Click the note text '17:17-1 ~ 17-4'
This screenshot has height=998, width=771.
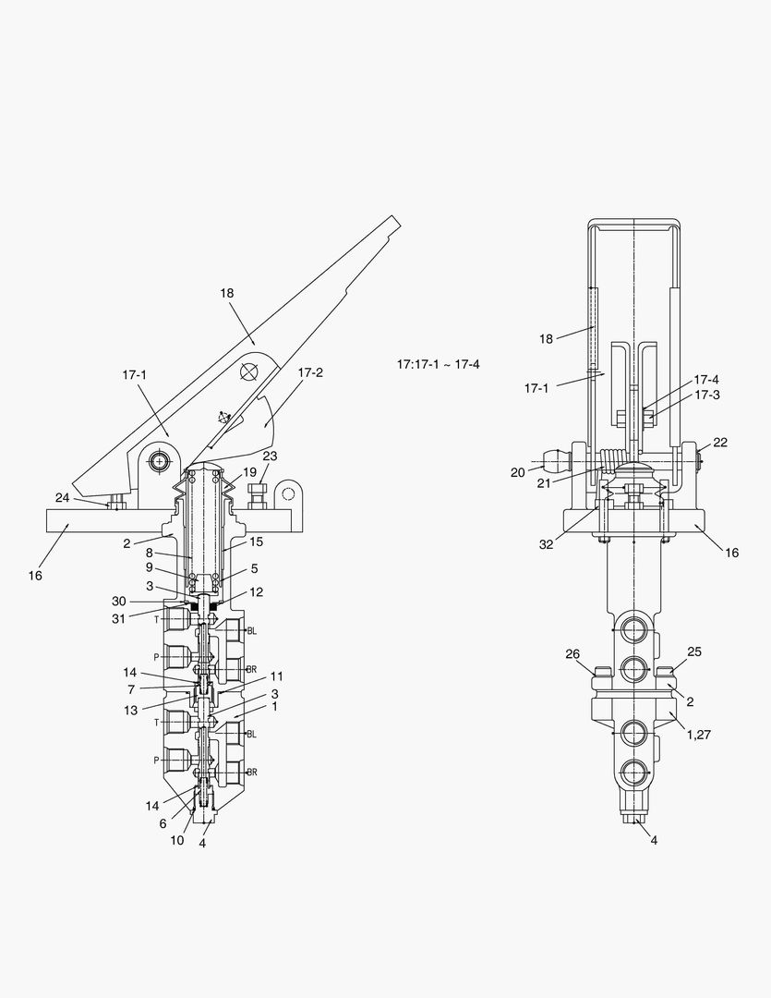coord(439,364)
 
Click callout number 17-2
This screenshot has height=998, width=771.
coord(310,372)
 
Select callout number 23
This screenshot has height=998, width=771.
coord(270,456)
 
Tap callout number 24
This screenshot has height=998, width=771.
coord(63,498)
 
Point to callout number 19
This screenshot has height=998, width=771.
coord(249,472)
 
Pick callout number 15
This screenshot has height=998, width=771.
coord(257,542)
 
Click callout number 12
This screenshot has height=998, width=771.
coord(256,592)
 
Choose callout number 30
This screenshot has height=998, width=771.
coord(119,601)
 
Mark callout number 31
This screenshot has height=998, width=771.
coord(119,618)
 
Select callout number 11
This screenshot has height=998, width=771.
coord(276,675)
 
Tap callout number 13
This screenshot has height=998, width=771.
coord(130,711)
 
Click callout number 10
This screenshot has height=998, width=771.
coord(177,840)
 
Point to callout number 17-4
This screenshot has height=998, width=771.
coord(706,380)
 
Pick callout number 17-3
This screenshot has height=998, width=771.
coord(706,395)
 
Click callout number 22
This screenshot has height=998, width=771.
coord(720,443)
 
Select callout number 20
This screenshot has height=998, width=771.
coord(518,472)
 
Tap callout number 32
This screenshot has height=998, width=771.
coord(547,544)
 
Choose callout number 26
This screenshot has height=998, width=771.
coord(572,653)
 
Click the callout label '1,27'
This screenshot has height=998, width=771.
coord(698,735)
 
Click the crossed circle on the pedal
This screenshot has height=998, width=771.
coord(249,371)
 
